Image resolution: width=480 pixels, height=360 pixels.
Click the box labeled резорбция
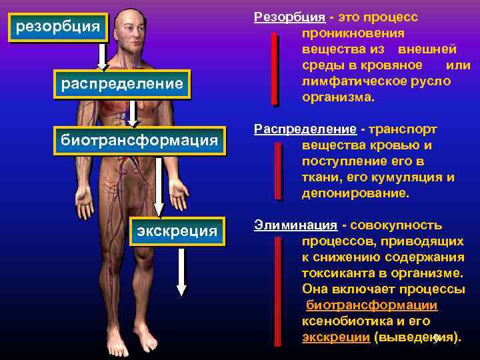[57, 27]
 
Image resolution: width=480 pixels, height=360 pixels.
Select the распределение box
[121, 84]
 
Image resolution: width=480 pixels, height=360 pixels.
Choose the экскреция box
[177, 231]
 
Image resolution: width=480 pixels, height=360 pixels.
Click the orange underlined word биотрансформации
[371, 305]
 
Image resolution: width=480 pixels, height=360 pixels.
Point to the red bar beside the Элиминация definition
[274, 290]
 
